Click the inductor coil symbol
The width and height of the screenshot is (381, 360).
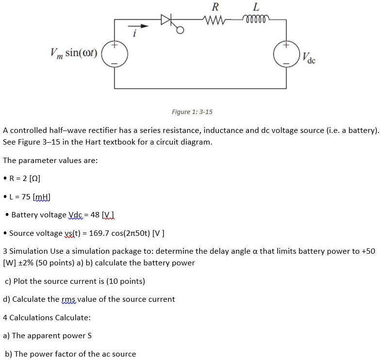tap(256, 20)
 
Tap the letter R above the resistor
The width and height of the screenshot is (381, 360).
tap(215, 7)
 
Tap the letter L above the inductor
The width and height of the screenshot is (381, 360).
tap(256, 7)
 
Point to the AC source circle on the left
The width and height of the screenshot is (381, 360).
tap(115, 54)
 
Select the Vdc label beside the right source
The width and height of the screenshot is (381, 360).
tap(308, 58)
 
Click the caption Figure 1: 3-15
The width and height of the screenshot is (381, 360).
tap(192, 112)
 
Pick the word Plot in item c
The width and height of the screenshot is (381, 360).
tap(22, 281)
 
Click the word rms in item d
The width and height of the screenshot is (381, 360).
tap(69, 299)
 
